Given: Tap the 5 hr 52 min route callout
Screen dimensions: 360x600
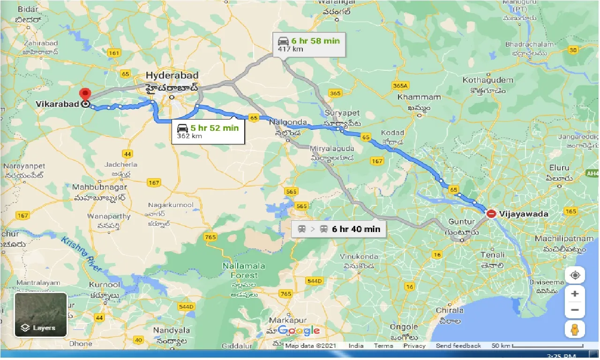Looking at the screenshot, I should pyautogui.click(x=209, y=131).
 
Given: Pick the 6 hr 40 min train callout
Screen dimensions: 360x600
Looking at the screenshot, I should pyautogui.click(x=339, y=229).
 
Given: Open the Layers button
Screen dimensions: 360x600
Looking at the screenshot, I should pyautogui.click(x=41, y=315).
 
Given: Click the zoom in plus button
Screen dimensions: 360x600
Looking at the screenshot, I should pyautogui.click(x=575, y=294).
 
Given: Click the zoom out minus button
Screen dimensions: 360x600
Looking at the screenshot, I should pyautogui.click(x=575, y=310).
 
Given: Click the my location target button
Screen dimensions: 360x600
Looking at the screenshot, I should pyautogui.click(x=575, y=275).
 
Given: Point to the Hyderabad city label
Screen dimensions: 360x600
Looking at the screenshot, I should pyautogui.click(x=172, y=75).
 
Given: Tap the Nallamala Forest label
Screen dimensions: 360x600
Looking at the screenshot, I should pyautogui.click(x=243, y=270).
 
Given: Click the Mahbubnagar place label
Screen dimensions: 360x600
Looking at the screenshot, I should pyautogui.click(x=99, y=187).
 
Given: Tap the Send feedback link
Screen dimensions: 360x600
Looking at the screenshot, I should pyautogui.click(x=458, y=346).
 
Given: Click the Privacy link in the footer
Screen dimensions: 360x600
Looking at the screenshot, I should pyautogui.click(x=414, y=346).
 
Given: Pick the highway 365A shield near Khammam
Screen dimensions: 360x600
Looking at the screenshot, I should pyautogui.click(x=401, y=85).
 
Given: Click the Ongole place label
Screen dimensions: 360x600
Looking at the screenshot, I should pyautogui.click(x=404, y=327).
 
